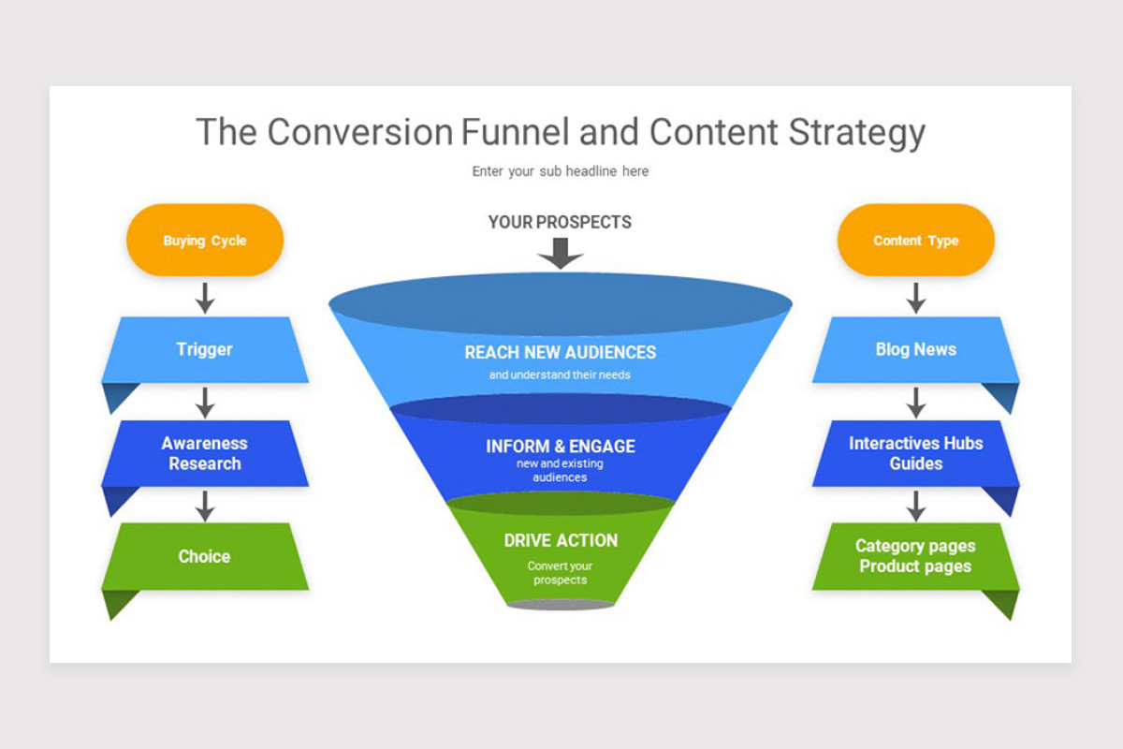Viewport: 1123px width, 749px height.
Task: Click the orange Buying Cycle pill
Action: click(x=205, y=241)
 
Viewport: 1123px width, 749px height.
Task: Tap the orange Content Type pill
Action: click(x=916, y=241)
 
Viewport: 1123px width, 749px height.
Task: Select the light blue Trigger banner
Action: click(x=205, y=350)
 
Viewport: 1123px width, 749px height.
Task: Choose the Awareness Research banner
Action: click(x=205, y=453)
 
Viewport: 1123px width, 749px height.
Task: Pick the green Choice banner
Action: click(x=205, y=556)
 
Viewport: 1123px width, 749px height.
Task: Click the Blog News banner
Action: click(x=916, y=350)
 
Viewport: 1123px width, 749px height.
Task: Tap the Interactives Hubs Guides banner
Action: click(x=916, y=453)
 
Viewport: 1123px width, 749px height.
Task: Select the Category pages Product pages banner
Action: click(x=916, y=556)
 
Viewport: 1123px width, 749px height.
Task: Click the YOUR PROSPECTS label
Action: click(x=560, y=223)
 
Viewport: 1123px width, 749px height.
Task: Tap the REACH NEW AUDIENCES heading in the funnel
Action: click(x=561, y=353)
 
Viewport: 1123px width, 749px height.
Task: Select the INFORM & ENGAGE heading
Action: click(x=561, y=447)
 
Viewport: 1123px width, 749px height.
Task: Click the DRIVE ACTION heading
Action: click(x=561, y=540)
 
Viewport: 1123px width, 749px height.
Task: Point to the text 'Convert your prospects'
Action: click(x=561, y=573)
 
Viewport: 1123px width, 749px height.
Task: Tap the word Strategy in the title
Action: click(x=856, y=132)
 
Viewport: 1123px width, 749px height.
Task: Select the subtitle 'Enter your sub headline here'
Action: click(x=561, y=171)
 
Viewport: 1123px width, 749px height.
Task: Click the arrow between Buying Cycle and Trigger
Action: click(x=205, y=298)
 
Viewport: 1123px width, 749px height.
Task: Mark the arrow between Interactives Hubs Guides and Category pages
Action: click(x=916, y=506)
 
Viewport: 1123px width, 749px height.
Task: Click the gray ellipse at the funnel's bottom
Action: click(x=561, y=605)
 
